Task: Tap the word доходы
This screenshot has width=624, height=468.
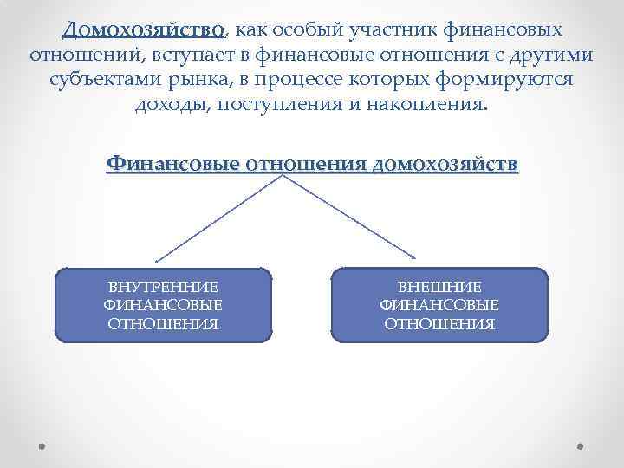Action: click(171, 106)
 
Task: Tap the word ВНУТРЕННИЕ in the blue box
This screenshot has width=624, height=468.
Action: click(163, 287)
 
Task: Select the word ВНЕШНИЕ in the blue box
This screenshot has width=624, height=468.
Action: click(439, 287)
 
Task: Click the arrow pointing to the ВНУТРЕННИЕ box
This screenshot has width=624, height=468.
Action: click(217, 217)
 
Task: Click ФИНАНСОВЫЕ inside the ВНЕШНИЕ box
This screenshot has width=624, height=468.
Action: click(439, 305)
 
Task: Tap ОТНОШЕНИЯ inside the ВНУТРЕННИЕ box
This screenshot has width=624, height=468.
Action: click(163, 324)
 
